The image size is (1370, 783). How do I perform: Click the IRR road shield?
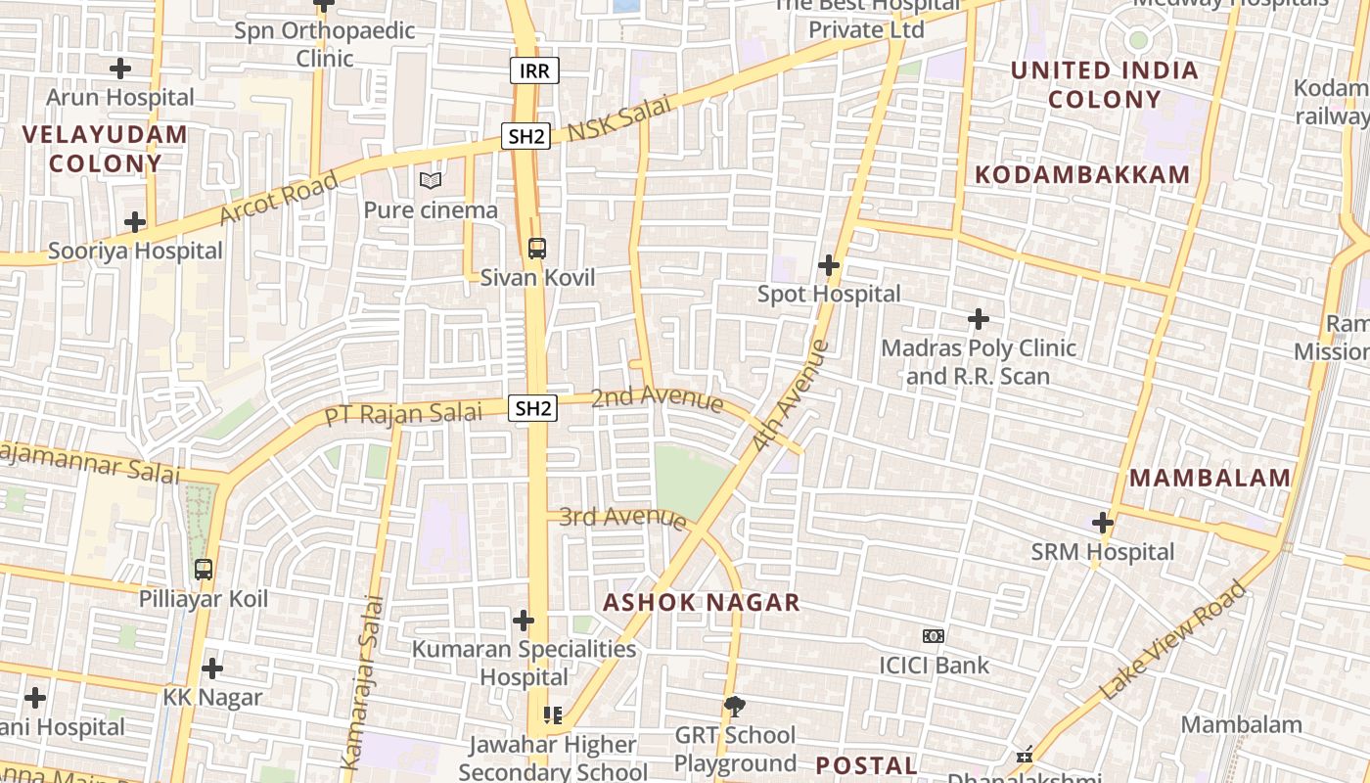point(534,69)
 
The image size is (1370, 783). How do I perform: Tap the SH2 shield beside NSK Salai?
point(526,136)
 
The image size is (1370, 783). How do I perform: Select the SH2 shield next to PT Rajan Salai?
point(532,408)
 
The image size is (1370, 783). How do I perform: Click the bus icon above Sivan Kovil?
point(536,248)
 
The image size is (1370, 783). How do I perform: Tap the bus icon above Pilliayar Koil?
point(204,569)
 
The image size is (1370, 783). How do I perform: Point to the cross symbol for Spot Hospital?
point(829,265)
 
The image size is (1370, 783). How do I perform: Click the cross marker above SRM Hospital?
point(1103,523)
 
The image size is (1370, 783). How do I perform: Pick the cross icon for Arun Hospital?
point(120,69)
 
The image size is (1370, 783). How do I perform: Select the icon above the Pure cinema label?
point(431,180)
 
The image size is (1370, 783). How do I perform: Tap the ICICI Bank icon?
point(934,636)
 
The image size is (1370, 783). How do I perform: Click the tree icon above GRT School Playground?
point(735,706)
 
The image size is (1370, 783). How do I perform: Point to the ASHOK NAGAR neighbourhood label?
point(702,602)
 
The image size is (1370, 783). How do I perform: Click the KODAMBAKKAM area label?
point(1083,175)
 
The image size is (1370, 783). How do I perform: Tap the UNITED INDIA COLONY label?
point(1104,84)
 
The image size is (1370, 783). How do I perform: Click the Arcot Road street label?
point(279,198)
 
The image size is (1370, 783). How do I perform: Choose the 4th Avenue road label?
point(792,395)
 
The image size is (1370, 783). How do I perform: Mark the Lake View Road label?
point(1174,640)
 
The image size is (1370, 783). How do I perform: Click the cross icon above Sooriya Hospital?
point(135,222)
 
